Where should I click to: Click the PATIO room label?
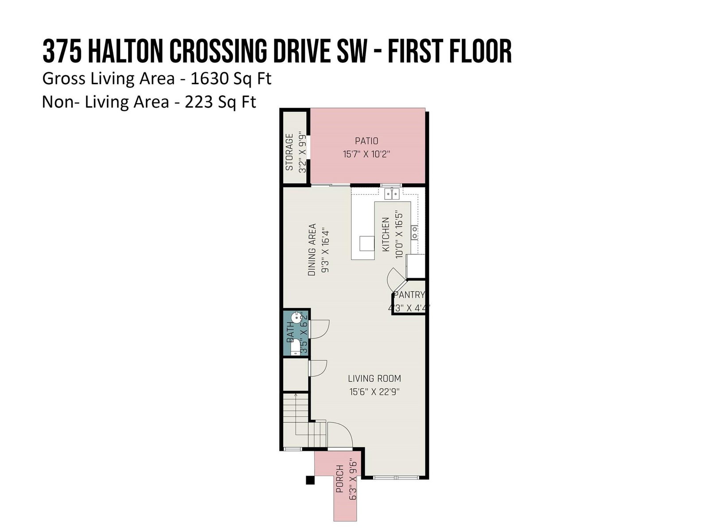point(366,141)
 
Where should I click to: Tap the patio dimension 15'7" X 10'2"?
point(366,154)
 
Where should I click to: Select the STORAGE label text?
point(289,152)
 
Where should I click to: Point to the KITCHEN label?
point(386,234)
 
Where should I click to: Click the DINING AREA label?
point(312,250)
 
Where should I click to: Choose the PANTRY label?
point(409,294)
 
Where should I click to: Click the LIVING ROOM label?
point(374,378)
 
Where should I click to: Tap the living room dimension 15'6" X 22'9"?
point(374,392)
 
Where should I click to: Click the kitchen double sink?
point(392,194)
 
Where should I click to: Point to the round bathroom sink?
point(296,318)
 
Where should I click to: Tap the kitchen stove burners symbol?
point(414,232)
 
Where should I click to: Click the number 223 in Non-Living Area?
point(199,102)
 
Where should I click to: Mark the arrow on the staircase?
point(296,415)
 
